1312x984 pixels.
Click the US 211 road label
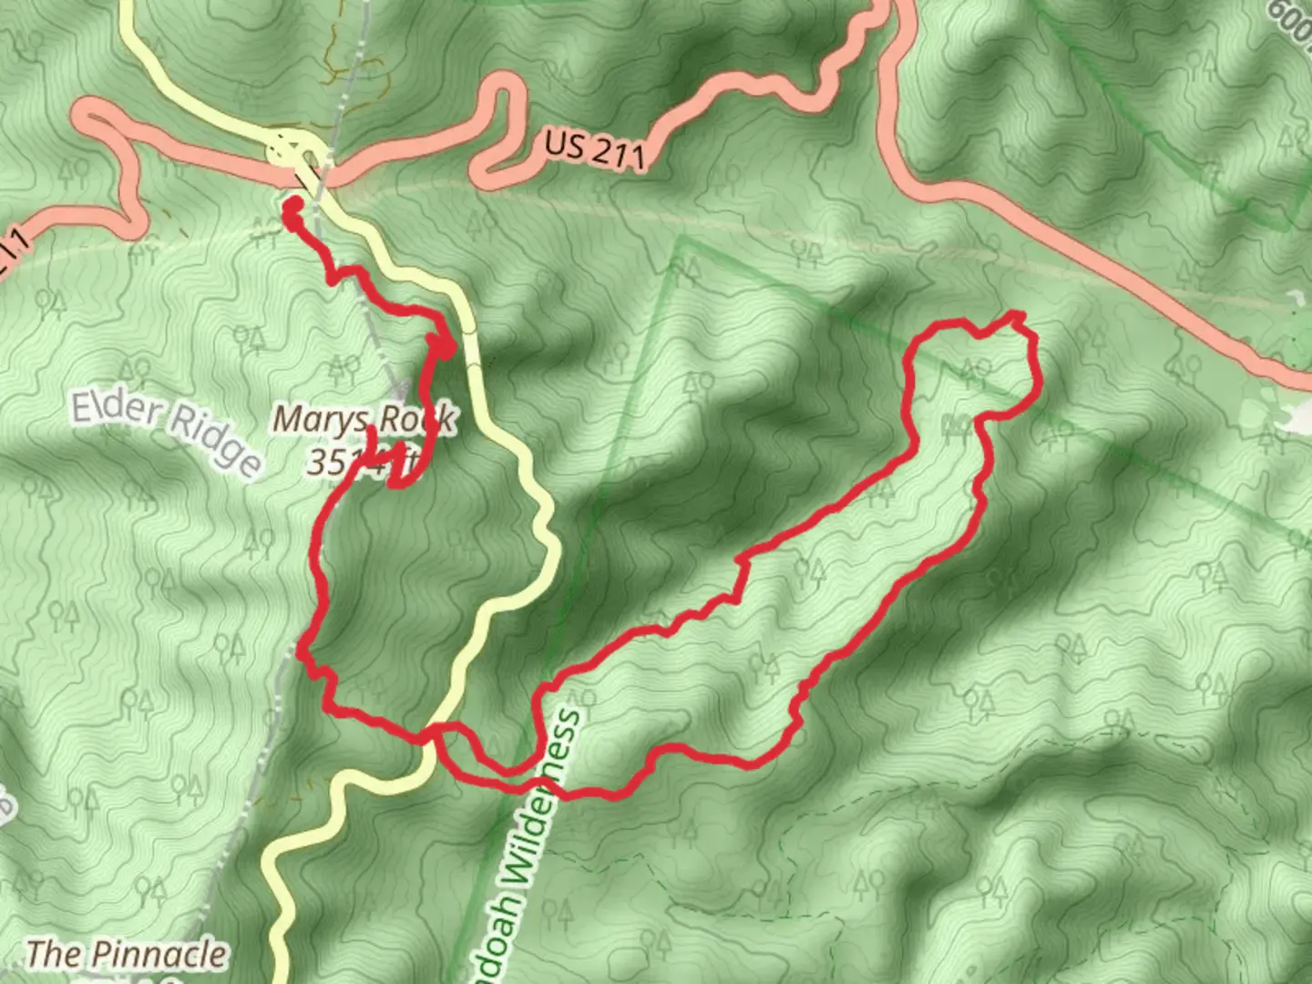pos(595,148)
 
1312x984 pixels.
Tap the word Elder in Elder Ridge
pos(115,410)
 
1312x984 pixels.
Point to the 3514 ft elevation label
pos(360,462)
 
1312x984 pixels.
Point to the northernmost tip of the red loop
pos(1018,315)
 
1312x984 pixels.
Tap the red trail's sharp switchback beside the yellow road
pos(445,346)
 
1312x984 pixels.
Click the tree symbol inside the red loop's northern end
pos(975,370)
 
